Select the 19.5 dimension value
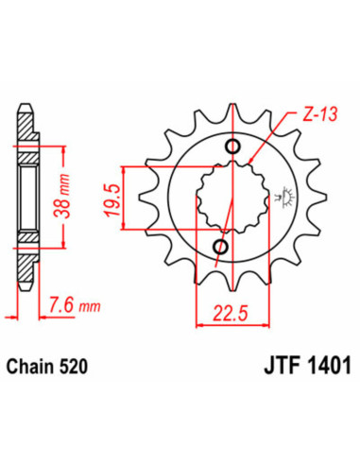tap(114, 201)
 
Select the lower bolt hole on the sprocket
tap(222, 248)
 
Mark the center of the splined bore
tap(227, 198)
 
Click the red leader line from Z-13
tap(265, 142)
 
